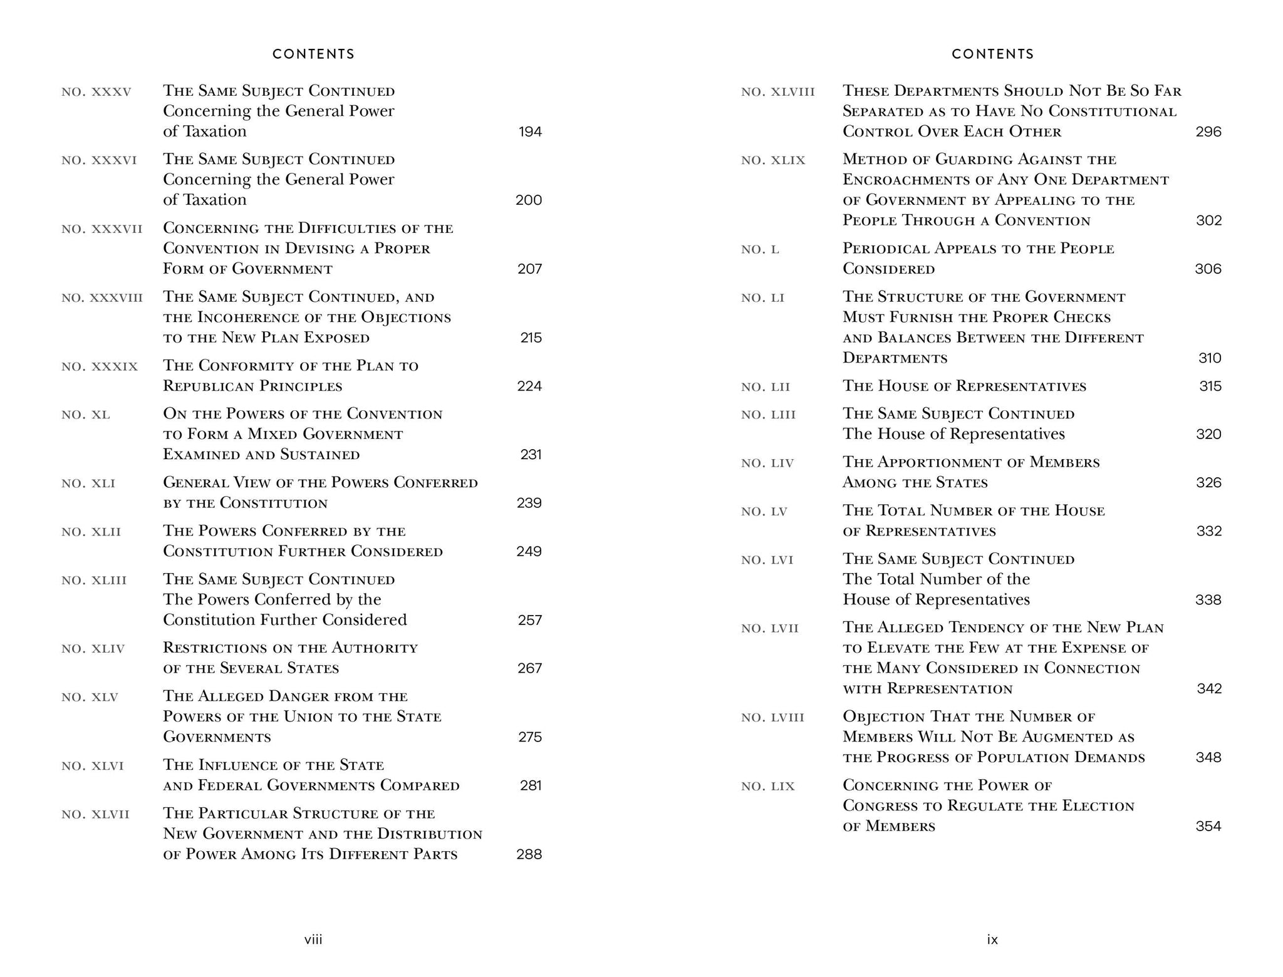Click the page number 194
pyautogui.click(x=530, y=132)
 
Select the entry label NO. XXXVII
pyautogui.click(x=102, y=229)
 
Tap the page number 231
pyautogui.click(x=531, y=455)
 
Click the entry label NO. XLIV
pyautogui.click(x=93, y=649)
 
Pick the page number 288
pyautogui.click(x=529, y=854)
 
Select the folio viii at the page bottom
pyautogui.click(x=313, y=939)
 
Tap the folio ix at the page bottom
pyautogui.click(x=992, y=939)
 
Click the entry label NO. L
pyautogui.click(x=760, y=250)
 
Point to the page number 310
pyautogui.click(x=1210, y=358)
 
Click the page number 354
pyautogui.click(x=1208, y=826)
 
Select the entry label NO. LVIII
pyautogui.click(x=772, y=718)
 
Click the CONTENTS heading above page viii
pyautogui.click(x=313, y=54)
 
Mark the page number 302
pyautogui.click(x=1208, y=220)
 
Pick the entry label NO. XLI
pyautogui.click(x=88, y=483)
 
